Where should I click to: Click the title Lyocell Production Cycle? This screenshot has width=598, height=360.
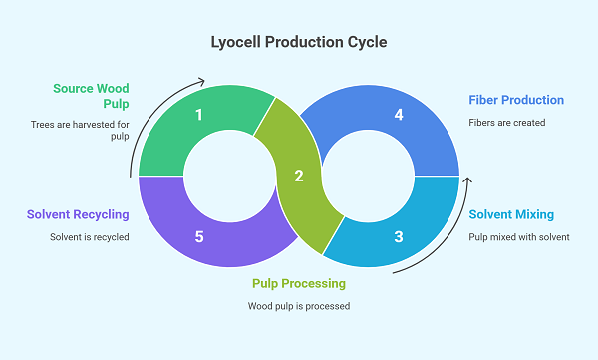pos(298,43)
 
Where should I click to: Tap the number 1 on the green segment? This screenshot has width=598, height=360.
pos(199,115)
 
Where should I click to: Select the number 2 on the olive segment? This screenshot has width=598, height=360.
pos(298,177)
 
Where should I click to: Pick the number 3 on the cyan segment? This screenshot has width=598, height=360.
pos(399,237)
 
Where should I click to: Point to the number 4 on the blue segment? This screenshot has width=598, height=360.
pos(399,115)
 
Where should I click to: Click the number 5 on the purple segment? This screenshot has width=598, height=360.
pos(199,237)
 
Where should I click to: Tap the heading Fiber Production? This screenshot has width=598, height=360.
pos(516,100)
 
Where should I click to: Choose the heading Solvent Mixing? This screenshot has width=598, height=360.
pos(511,214)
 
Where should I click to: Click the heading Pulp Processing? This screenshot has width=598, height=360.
pos(298,283)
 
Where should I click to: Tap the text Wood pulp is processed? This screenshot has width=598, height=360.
pos(298,305)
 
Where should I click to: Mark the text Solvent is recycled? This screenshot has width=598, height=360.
pos(89,237)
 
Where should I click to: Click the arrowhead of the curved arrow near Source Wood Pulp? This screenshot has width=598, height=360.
pos(202,81)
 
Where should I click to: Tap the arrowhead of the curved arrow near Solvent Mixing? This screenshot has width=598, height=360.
pos(466,181)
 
